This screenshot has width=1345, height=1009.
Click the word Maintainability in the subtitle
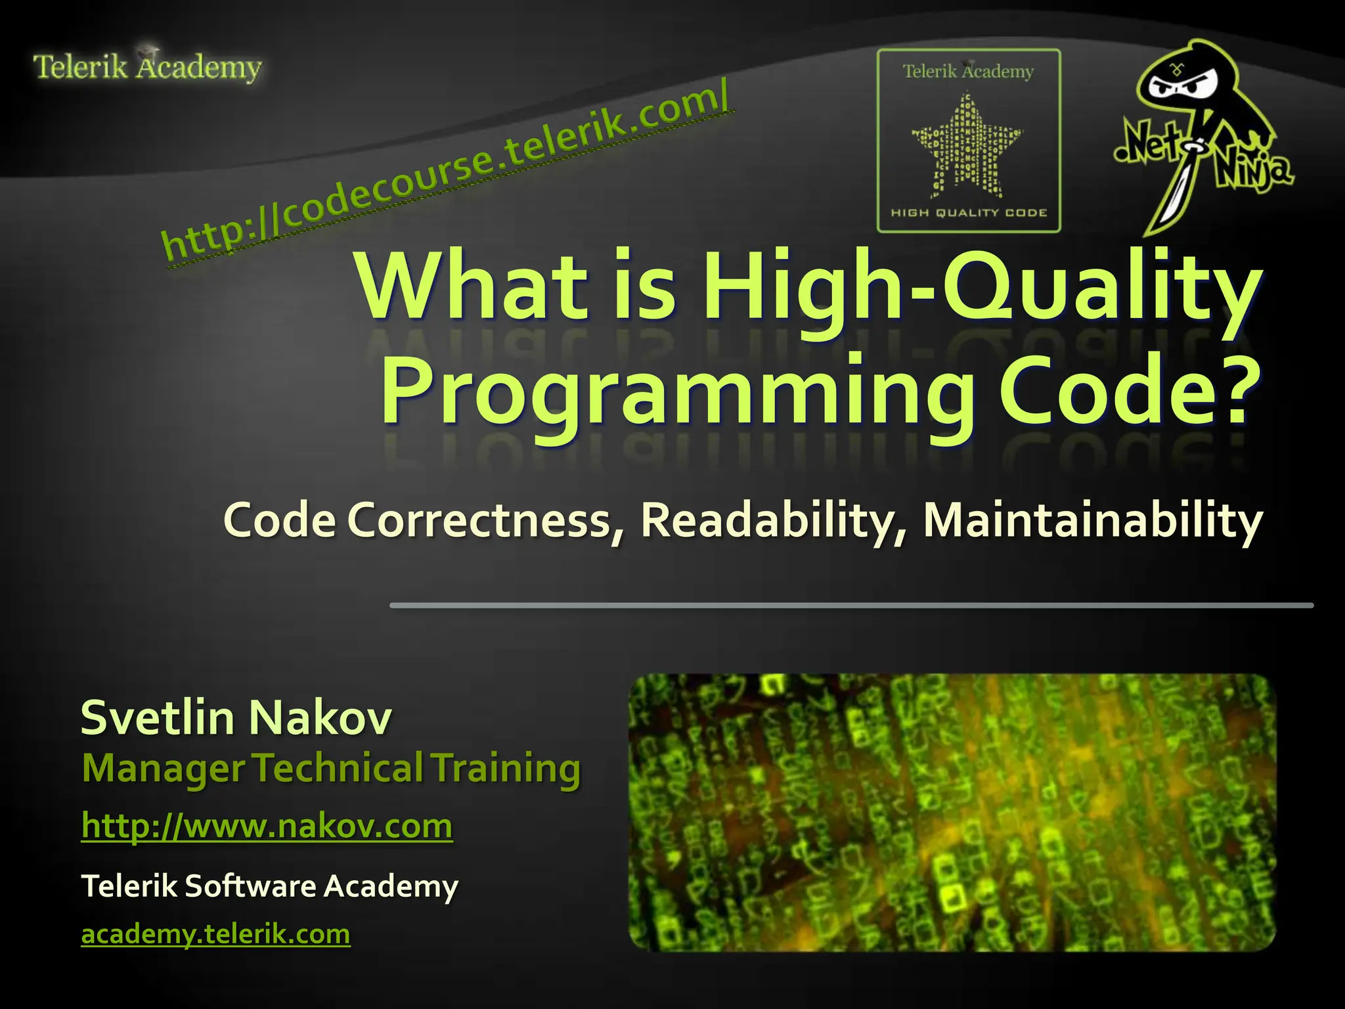pos(1093,520)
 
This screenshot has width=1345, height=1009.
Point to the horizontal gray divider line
pos(851,605)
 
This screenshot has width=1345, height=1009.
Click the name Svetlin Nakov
pos(236,717)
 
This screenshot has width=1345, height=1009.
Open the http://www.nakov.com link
pos(267,826)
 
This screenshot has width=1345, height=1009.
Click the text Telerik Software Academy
pos(269,886)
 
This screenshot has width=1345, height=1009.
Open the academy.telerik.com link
pos(215,933)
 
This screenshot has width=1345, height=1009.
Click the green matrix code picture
pos(952,813)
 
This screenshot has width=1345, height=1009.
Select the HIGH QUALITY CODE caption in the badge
pos(969,213)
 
